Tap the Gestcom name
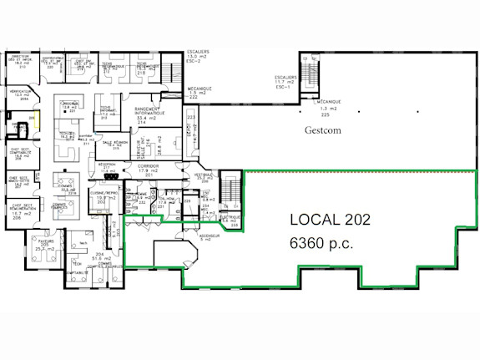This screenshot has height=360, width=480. pos(324,132)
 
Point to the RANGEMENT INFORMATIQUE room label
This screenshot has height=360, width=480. pos(147,113)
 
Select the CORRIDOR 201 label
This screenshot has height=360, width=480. pos(147,170)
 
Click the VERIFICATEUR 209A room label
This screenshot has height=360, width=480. pos(21,94)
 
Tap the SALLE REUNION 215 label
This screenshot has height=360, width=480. pos(114,145)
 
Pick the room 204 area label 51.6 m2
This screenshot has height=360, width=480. pos(99,258)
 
